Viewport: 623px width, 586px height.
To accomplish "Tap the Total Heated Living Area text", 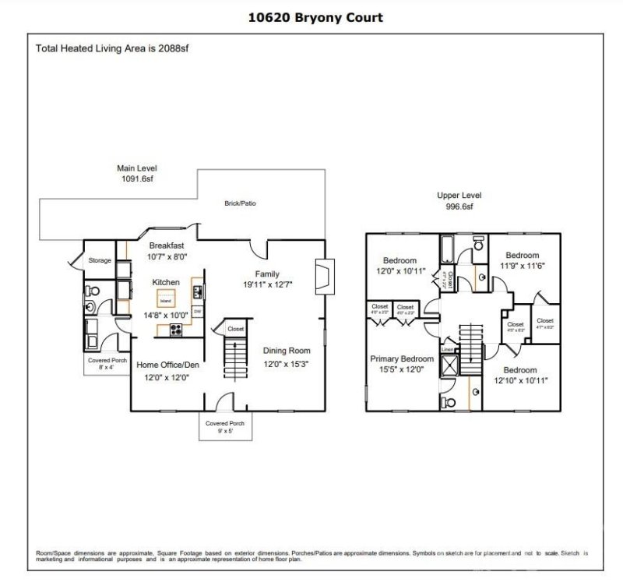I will [x=113, y=48].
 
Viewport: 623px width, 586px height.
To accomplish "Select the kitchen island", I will [x=165, y=299].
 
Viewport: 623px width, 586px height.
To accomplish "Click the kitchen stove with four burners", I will [x=176, y=329].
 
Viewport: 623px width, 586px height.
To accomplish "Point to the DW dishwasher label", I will [x=198, y=312].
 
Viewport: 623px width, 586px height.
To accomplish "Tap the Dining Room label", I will [x=287, y=351].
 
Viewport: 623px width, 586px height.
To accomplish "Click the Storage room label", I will [x=100, y=260].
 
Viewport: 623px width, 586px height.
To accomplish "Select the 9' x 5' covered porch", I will [x=225, y=426].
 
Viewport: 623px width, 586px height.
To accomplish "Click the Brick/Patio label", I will [x=241, y=203].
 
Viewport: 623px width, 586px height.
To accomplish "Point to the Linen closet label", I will [x=447, y=351].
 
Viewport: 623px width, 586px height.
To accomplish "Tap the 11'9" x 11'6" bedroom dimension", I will [x=522, y=267].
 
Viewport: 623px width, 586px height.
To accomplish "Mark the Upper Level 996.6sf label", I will [x=459, y=201].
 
